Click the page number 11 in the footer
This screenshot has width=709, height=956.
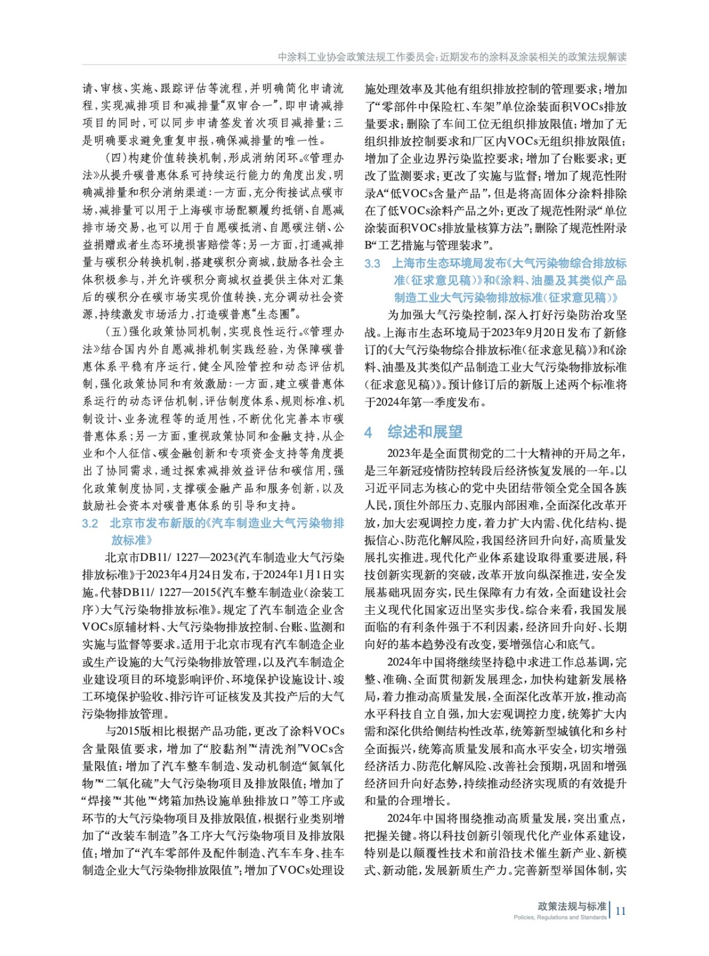pos(620,911)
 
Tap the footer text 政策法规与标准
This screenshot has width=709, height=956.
pos(572,906)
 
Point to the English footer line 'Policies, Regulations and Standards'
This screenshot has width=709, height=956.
pos(560,917)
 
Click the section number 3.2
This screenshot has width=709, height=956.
pos(90,523)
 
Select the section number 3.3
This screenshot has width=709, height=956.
pos(372,263)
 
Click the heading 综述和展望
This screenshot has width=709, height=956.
pos(425,432)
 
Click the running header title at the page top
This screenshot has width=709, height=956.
pos(452,57)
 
